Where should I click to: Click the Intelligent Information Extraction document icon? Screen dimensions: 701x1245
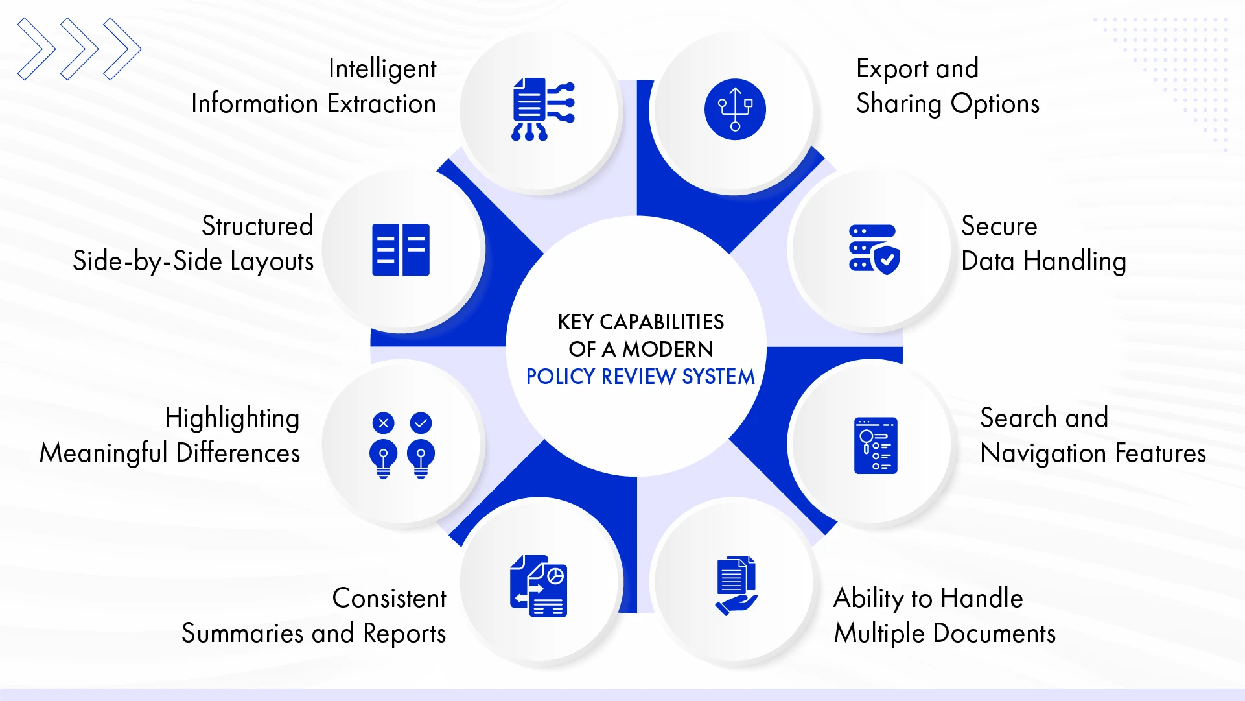click(542, 109)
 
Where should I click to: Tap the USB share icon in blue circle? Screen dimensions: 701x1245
click(735, 109)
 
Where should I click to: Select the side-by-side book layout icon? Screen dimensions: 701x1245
click(401, 250)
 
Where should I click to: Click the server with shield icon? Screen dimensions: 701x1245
click(874, 250)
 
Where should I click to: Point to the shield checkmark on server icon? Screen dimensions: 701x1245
click(887, 261)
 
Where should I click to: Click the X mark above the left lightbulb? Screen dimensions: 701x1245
click(383, 423)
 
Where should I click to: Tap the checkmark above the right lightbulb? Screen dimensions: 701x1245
click(421, 423)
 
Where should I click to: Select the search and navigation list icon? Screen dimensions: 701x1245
click(876, 446)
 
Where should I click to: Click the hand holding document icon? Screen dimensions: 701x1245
click(736, 586)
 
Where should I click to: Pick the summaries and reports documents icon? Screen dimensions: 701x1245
click(539, 586)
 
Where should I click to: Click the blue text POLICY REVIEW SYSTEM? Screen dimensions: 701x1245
click(640, 377)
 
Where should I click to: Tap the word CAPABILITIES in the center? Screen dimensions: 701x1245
click(662, 322)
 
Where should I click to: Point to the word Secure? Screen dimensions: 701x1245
click(999, 226)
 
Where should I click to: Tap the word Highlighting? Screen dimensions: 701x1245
click(232, 418)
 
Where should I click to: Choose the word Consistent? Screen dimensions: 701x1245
click(389, 599)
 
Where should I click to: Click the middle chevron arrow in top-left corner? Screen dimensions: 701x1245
click(80, 49)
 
